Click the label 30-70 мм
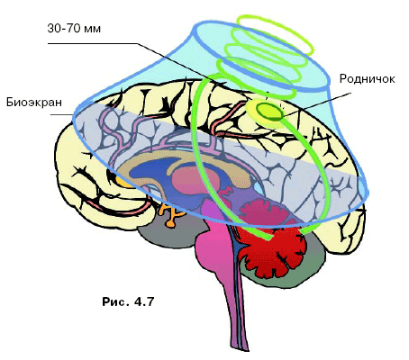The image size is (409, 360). tap(74, 29)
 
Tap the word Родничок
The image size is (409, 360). tap(367, 79)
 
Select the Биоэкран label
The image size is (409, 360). tap(34, 103)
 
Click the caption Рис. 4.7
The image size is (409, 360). tap(128, 301)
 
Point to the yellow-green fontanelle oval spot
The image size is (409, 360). tap(269, 112)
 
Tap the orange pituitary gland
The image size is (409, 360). tap(170, 214)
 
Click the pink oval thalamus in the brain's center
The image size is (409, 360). tap(195, 179)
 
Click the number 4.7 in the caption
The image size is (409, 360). tap(144, 301)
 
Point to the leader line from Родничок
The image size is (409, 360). tap(317, 104)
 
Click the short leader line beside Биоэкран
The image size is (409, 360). tap(61, 114)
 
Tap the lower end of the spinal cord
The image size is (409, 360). tap(244, 348)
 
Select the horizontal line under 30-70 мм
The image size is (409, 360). tap(93, 44)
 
